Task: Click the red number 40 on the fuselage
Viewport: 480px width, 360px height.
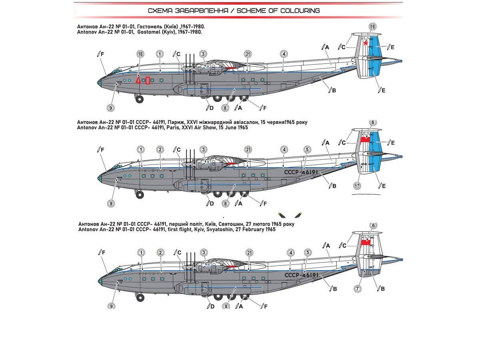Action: [x=143, y=80]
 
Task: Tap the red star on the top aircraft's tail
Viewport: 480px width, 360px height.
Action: [x=366, y=43]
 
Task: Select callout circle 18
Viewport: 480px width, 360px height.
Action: [x=140, y=54]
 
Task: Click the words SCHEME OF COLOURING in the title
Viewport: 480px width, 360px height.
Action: [x=278, y=11]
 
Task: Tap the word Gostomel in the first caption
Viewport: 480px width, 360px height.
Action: [x=149, y=32]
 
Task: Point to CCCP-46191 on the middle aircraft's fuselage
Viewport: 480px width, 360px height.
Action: [x=301, y=172]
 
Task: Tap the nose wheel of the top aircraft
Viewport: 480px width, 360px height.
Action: [x=139, y=99]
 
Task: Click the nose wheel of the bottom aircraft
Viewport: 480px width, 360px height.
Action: [x=140, y=297]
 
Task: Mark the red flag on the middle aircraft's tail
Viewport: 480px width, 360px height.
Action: [x=365, y=140]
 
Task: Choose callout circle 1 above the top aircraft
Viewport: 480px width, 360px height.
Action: [x=160, y=54]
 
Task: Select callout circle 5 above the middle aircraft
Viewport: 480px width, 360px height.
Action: [x=307, y=150]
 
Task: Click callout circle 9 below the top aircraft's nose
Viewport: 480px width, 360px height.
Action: [x=111, y=108]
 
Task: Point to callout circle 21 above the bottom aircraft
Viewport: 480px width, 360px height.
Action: [x=250, y=252]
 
